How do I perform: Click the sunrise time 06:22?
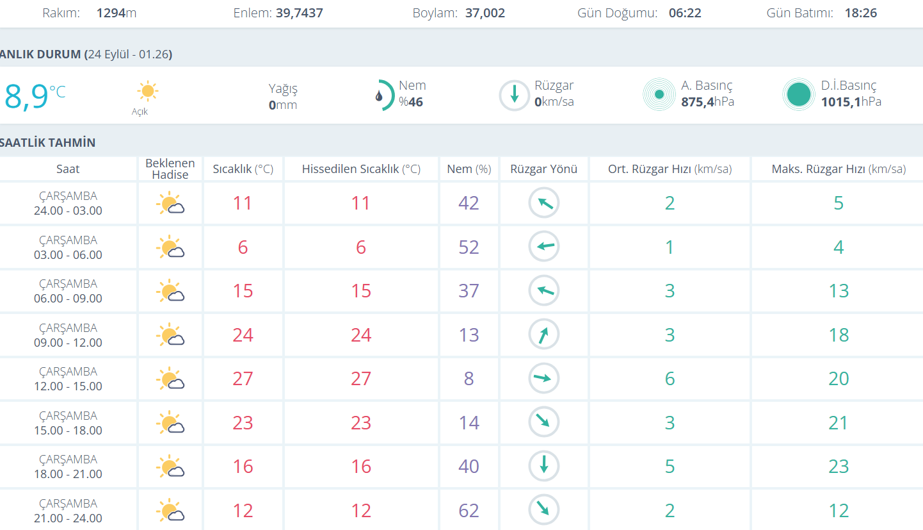(x=685, y=13)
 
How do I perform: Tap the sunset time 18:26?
(x=861, y=13)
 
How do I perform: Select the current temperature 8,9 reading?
(x=27, y=97)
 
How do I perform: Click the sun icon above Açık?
(x=147, y=91)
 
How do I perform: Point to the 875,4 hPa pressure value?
(x=707, y=102)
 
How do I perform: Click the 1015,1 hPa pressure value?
(x=851, y=102)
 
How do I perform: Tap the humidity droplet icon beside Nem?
(x=380, y=96)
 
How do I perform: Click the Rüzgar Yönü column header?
(x=543, y=169)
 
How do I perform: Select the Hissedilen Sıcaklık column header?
(x=361, y=169)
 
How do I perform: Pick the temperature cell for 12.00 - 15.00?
(x=243, y=379)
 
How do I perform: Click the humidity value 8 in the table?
(x=469, y=379)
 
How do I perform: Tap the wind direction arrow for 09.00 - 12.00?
(x=543, y=335)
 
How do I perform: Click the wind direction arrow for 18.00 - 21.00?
(x=543, y=466)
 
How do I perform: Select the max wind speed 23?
(x=839, y=466)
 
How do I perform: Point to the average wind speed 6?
(x=670, y=379)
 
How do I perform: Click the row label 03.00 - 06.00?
(x=68, y=254)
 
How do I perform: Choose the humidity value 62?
(x=469, y=511)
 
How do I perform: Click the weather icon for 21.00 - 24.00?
(x=170, y=511)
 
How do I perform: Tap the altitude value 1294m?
(x=116, y=13)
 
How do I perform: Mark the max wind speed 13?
(x=839, y=291)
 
